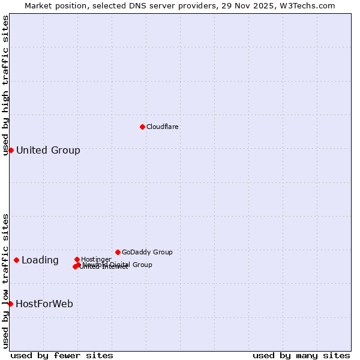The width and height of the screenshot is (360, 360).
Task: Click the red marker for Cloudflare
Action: click(x=142, y=127)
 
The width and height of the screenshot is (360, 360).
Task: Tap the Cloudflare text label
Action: click(x=162, y=127)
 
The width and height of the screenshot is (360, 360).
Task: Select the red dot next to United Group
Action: click(x=11, y=150)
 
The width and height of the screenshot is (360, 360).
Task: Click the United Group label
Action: click(x=48, y=150)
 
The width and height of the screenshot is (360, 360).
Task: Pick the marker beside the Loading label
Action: click(x=16, y=260)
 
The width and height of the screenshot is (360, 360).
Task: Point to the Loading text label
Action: click(x=40, y=260)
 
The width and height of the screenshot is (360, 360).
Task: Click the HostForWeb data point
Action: click(x=10, y=304)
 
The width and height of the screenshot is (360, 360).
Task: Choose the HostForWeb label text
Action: click(x=44, y=304)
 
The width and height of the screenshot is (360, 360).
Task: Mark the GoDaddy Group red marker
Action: click(x=118, y=252)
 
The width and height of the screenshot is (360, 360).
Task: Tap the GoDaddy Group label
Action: click(x=147, y=252)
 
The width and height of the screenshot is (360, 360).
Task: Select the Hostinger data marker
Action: click(x=77, y=259)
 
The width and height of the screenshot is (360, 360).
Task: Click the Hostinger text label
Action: click(x=96, y=259)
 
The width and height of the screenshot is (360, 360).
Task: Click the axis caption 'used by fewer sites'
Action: click(x=62, y=355)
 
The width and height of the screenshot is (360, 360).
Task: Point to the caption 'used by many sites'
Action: click(x=301, y=355)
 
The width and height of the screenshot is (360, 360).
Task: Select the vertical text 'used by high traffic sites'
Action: click(x=5, y=85)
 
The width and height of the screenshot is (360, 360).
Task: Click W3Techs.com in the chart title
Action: click(x=306, y=5)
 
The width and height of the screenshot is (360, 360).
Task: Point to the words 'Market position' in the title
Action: click(x=52, y=5)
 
